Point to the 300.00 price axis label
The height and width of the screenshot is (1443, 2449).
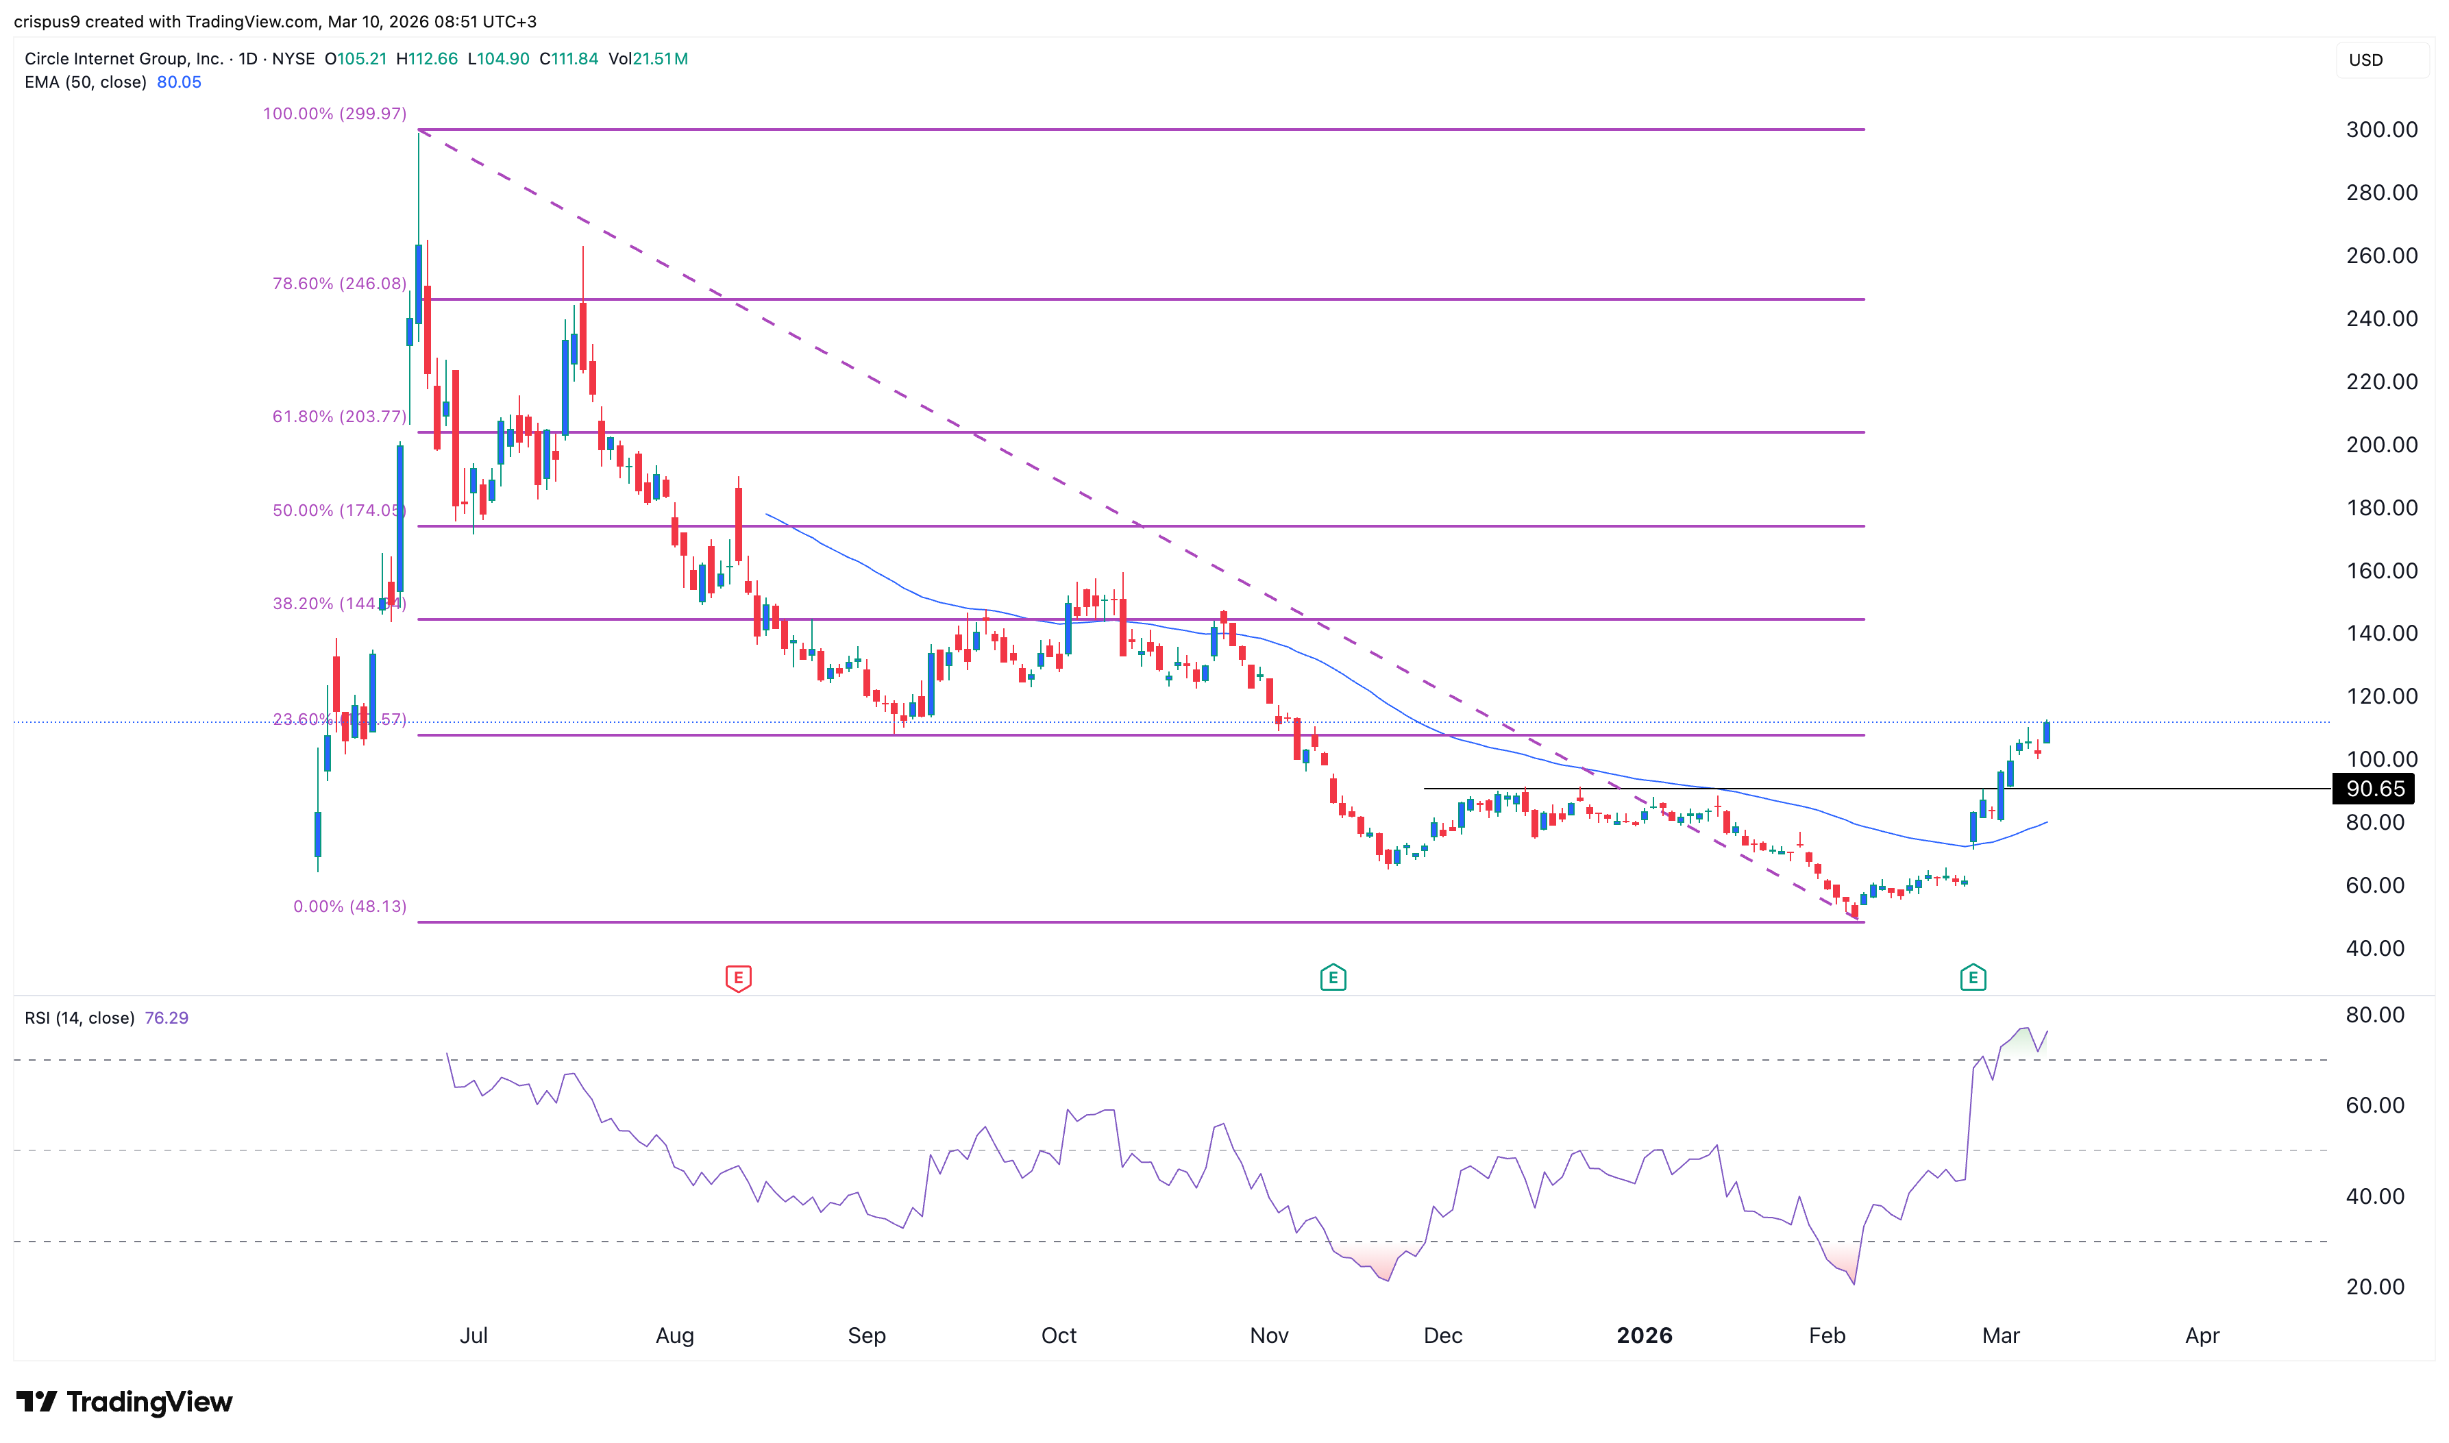[x=2381, y=129]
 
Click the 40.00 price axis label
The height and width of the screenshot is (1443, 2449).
[x=2374, y=948]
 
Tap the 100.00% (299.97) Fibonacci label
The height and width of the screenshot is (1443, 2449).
[x=334, y=114]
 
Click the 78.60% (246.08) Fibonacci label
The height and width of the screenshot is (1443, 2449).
[x=339, y=284]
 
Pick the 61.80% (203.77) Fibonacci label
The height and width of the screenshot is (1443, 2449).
[x=339, y=416]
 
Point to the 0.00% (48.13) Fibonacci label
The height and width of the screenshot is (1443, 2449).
[x=350, y=907]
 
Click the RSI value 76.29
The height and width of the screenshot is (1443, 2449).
[x=167, y=1018]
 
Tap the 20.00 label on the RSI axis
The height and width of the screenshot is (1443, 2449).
[x=2374, y=1287]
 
